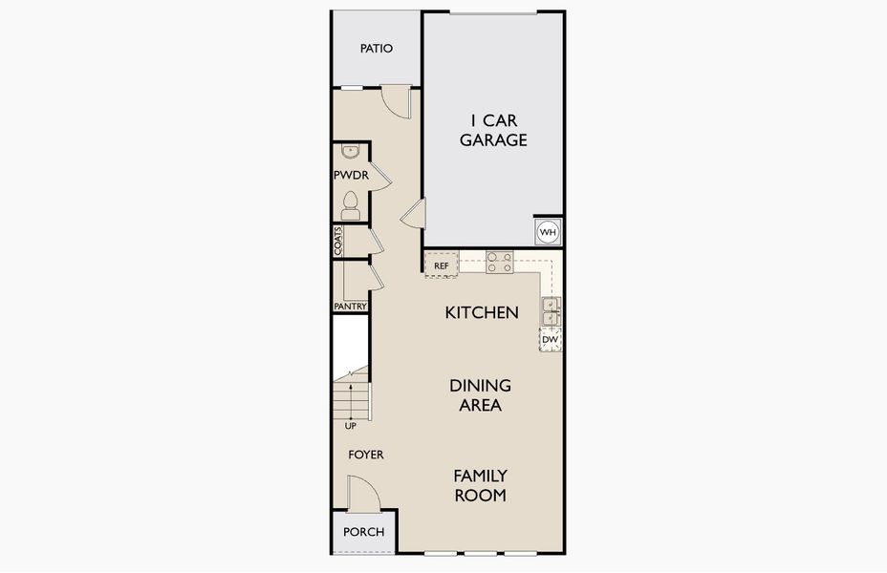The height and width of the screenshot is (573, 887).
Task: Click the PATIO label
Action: click(x=377, y=49)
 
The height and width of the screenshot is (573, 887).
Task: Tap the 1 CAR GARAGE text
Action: click(x=493, y=131)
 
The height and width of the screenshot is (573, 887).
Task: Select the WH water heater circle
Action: click(x=548, y=232)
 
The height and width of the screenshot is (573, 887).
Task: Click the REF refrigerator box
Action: click(x=442, y=265)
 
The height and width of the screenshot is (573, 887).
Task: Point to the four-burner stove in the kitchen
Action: click(x=500, y=262)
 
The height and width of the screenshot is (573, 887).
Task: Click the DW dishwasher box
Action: click(x=551, y=340)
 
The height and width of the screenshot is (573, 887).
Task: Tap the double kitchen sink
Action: click(x=551, y=311)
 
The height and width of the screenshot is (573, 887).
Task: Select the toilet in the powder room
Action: click(x=350, y=205)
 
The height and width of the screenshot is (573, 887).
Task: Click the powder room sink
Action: click(x=351, y=151)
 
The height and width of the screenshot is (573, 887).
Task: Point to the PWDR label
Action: click(x=352, y=175)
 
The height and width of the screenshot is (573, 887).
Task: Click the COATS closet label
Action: click(x=338, y=242)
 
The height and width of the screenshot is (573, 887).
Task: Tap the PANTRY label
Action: click(x=351, y=307)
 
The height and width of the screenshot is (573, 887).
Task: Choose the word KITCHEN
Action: click(x=482, y=312)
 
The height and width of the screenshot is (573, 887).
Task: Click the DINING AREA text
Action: click(x=480, y=395)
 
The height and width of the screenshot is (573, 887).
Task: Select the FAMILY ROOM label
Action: click(x=480, y=485)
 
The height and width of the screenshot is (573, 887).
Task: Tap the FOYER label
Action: click(x=366, y=455)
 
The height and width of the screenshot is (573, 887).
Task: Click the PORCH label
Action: click(x=364, y=532)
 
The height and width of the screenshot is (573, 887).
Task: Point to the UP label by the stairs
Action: click(x=351, y=426)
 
